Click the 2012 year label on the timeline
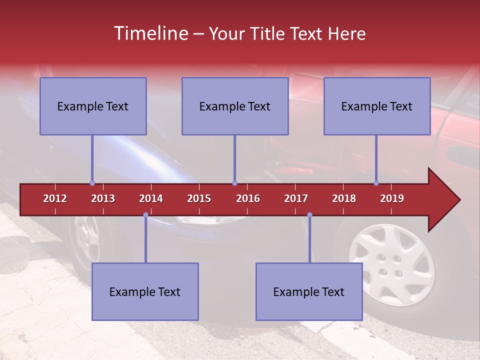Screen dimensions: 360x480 pos(55,198)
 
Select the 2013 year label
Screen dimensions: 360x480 pos(103,198)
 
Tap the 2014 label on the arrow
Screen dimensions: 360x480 pos(151,198)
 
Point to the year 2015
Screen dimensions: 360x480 pos(199,198)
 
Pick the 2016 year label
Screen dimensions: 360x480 pos(248,198)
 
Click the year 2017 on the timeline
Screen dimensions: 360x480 pos(296,198)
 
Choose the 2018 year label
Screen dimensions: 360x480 pos(344,198)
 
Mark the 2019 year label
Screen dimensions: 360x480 pos(392,198)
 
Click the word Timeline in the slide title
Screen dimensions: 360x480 pos(149,33)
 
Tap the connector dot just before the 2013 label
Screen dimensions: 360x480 pos(92,183)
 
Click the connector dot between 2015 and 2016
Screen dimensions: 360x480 pos(234,183)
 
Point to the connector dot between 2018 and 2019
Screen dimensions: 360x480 pos(376,183)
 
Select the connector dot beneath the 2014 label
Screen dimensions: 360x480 pos(145,215)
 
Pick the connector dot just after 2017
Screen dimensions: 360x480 pos(309,215)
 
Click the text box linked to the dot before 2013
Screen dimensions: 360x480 pos(93,106)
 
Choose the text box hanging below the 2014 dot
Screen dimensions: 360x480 pos(145,291)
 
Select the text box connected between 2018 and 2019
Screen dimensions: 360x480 pos(377,106)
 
